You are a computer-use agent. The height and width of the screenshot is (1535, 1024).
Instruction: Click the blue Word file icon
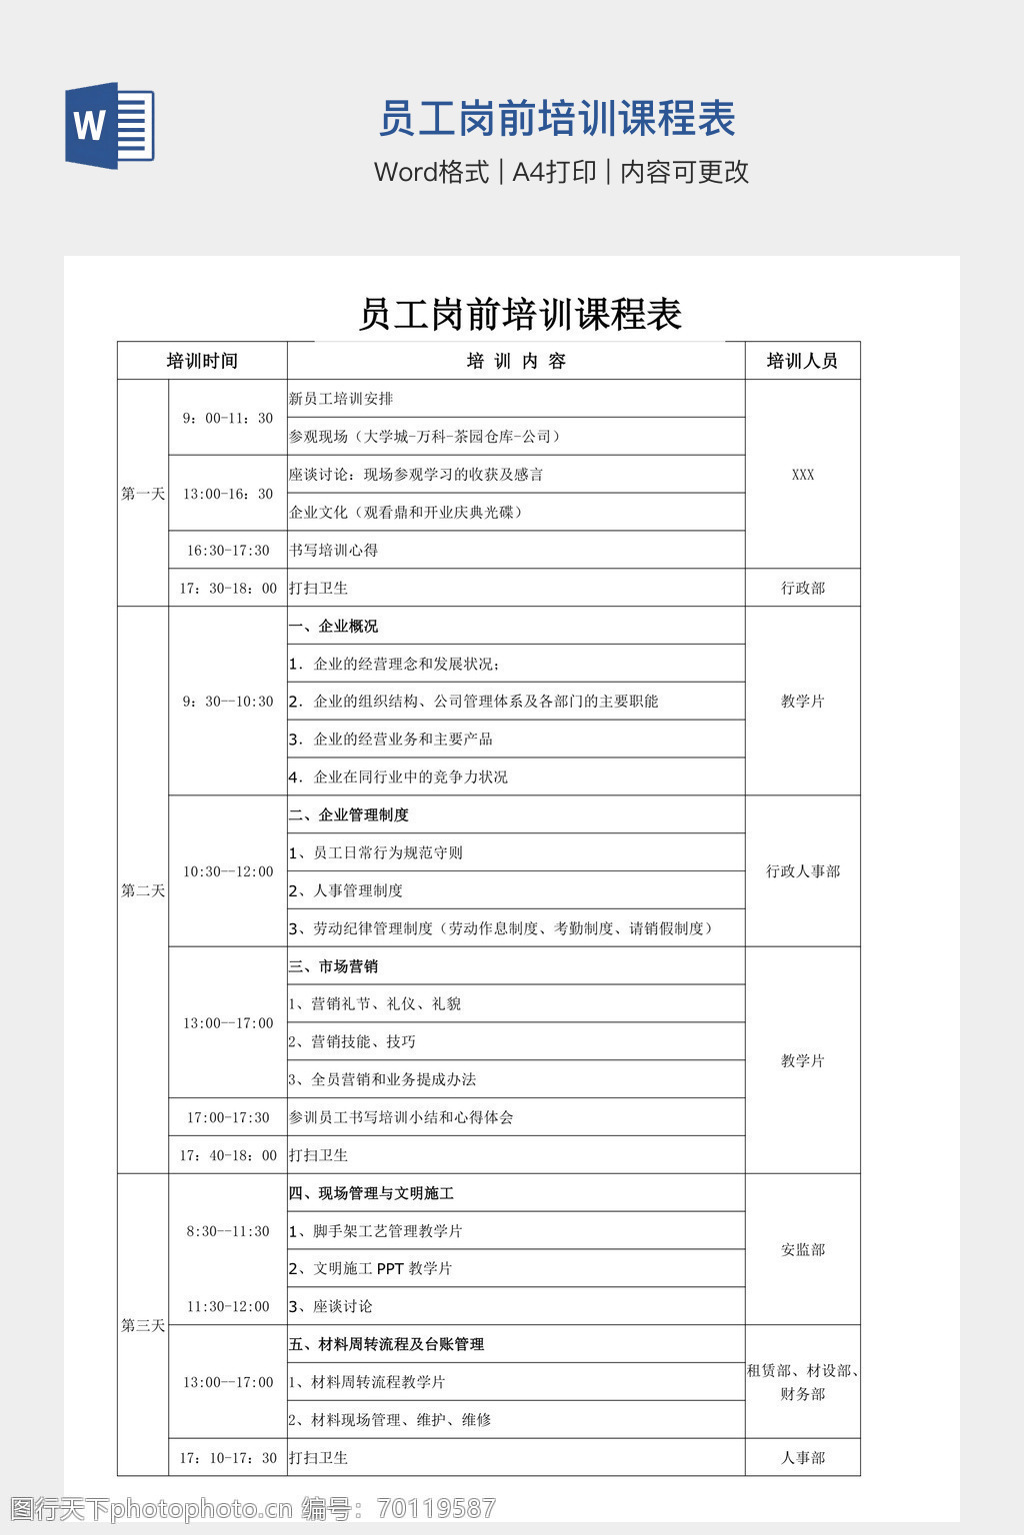coord(109,126)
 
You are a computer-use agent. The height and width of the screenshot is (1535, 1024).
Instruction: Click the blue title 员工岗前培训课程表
coord(557,119)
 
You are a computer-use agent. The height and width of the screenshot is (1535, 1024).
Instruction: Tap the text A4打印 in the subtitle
coord(554,172)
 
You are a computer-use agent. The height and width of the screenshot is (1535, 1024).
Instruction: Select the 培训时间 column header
coord(202,361)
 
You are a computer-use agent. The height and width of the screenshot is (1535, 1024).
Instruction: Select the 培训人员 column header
coord(802,361)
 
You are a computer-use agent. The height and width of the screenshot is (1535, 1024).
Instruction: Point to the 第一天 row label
coord(143,494)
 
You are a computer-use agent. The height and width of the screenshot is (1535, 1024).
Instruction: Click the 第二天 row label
coord(143,890)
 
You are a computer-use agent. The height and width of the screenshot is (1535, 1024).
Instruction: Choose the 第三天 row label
coord(143,1325)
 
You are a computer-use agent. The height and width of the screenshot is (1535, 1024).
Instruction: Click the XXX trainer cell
coord(802,475)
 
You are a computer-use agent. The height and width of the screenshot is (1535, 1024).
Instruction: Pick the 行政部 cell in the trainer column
coord(802,588)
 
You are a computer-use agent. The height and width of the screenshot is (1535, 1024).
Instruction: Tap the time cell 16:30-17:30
coord(228,550)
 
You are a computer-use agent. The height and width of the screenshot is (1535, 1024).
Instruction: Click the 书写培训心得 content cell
coord(334,550)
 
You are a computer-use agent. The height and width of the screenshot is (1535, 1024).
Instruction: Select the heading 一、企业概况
coord(334,626)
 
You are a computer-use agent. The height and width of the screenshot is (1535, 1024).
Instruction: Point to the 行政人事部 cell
coord(802,871)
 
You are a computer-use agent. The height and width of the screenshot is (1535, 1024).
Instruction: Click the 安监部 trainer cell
coord(802,1249)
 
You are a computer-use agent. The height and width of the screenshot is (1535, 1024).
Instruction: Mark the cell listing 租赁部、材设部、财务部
coord(802,1382)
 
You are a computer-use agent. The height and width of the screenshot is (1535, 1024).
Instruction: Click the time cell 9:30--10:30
coord(228,702)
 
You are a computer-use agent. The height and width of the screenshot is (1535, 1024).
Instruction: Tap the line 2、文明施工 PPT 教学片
coord(371,1268)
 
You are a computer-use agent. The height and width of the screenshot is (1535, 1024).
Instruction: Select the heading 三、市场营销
coord(334,966)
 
